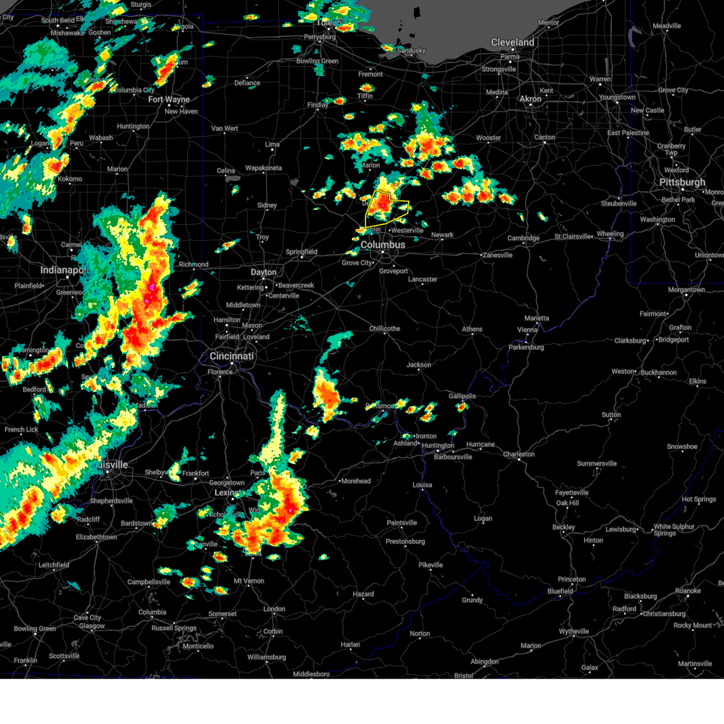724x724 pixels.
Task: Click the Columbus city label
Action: click(383, 245)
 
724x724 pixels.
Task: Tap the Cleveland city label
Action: click(512, 42)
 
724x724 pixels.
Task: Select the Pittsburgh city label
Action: click(682, 182)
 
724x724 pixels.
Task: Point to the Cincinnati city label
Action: click(232, 356)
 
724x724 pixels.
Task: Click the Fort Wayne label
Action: click(169, 100)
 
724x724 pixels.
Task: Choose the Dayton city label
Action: click(264, 272)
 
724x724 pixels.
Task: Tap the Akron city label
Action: click(530, 98)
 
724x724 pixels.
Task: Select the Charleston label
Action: click(518, 454)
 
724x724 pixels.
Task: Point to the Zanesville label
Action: click(497, 255)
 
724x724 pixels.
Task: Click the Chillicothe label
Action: click(384, 329)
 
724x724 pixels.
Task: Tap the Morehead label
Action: click(355, 481)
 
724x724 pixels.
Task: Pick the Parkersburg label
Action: click(526, 348)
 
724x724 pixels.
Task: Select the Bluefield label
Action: click(560, 591)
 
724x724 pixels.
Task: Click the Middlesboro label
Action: click(311, 674)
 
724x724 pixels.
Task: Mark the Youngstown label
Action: click(617, 97)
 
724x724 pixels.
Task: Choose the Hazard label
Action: click(363, 594)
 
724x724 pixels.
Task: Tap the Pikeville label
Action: click(431, 565)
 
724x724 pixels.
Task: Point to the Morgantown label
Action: click(687, 290)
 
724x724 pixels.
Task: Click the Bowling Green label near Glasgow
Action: click(34, 629)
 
